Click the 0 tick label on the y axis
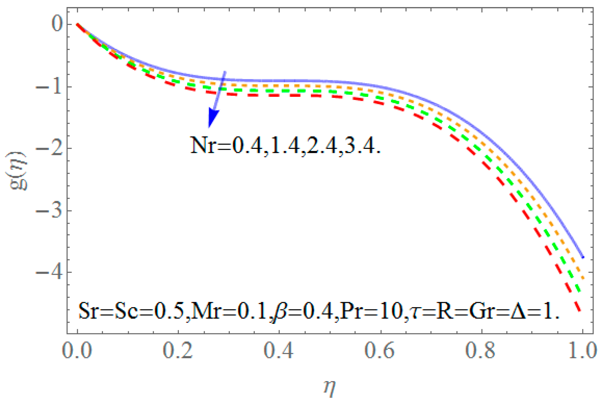point(57,24)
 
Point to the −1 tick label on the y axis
point(49,87)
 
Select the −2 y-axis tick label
point(49,149)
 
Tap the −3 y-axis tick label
point(49,211)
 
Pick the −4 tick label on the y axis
point(49,273)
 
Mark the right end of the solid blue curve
point(583,257)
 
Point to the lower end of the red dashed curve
point(580,311)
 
